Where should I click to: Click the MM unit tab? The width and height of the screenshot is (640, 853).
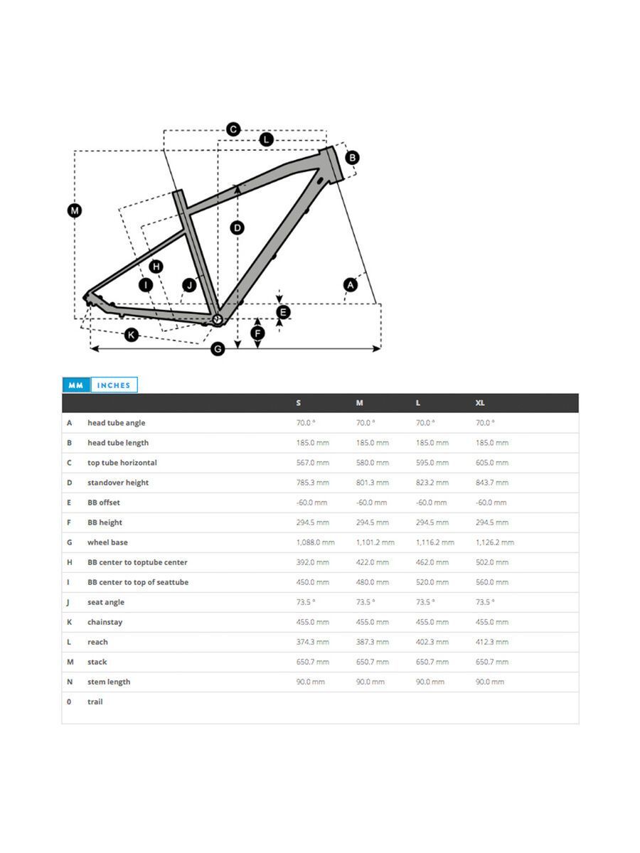[x=75, y=385]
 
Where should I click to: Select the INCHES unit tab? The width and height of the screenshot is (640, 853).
[x=114, y=385]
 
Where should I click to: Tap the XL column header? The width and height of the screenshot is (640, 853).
[x=480, y=403]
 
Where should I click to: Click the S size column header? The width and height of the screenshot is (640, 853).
[x=299, y=403]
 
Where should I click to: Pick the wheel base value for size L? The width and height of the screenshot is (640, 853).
[x=434, y=542]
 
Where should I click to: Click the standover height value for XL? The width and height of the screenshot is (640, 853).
[x=492, y=483]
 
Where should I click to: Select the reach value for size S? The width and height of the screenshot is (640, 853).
[x=313, y=642]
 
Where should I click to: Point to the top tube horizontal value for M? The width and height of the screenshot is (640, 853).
[x=373, y=463]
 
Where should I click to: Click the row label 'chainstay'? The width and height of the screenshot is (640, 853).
[x=105, y=622]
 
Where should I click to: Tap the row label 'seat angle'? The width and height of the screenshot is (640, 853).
[x=106, y=602]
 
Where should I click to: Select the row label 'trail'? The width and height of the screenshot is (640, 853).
[x=95, y=702]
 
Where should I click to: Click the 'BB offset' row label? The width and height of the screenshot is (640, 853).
[x=104, y=503]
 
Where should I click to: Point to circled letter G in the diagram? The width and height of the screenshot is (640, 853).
[x=218, y=349]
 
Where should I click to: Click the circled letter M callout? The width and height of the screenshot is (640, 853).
[x=75, y=210]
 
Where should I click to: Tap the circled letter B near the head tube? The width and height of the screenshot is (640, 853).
[x=352, y=158]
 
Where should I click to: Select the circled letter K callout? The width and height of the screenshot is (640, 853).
[x=131, y=335]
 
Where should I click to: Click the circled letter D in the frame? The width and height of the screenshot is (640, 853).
[x=238, y=227]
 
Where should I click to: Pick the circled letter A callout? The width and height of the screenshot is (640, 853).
[x=349, y=285]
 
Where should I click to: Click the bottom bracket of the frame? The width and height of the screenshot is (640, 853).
[x=218, y=319]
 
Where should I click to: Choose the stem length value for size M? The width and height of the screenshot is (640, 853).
[x=370, y=682]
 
